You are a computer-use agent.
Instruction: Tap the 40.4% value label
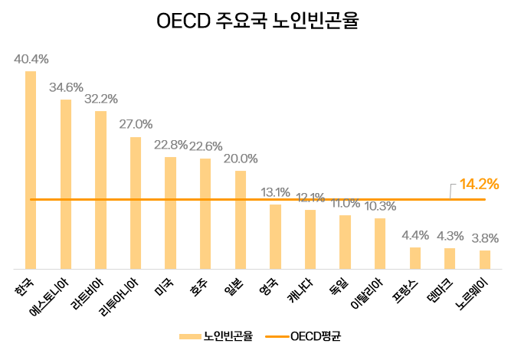click(31, 59)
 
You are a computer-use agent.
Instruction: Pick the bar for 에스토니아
click(66, 184)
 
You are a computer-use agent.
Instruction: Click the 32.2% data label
click(100, 99)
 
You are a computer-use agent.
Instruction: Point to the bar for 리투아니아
click(136, 203)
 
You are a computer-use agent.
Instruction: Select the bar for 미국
click(170, 213)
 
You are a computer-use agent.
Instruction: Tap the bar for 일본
click(241, 220)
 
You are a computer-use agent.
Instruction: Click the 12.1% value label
click(310, 197)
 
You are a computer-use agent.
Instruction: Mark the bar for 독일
click(345, 242)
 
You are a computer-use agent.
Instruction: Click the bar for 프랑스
click(415, 258)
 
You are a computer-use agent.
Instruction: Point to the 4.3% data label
click(450, 235)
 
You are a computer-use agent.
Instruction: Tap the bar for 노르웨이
click(485, 260)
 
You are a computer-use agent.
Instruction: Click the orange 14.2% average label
click(479, 184)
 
